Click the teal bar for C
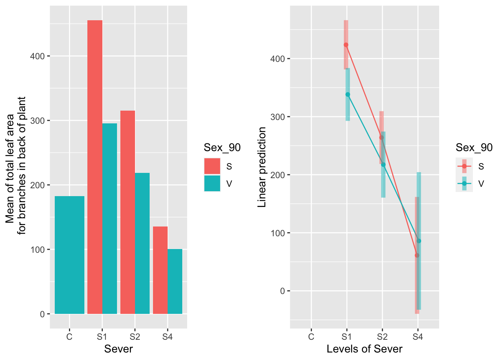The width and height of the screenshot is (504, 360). click(x=69, y=255)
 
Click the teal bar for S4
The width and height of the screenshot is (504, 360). click(x=175, y=281)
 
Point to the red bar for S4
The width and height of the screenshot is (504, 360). click(x=160, y=270)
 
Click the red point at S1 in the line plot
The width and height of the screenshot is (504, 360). click(x=346, y=45)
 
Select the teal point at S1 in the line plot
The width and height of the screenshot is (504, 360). click(x=348, y=94)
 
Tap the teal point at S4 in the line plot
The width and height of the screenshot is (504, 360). click(x=419, y=241)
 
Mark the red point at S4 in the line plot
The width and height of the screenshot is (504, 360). click(x=417, y=255)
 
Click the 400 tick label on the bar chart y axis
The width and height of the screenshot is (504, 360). click(x=37, y=56)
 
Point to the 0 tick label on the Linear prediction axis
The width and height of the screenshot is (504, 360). click(x=282, y=291)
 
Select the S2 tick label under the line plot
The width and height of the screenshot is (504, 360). click(x=382, y=337)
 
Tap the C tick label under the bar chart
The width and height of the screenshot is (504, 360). click(x=69, y=337)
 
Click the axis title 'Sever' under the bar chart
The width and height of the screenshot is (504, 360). click(x=118, y=349)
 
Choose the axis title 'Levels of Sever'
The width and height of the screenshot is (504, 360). click(x=364, y=349)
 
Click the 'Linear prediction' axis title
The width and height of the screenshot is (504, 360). click(x=262, y=167)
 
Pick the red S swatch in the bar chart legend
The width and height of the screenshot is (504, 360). click(x=212, y=166)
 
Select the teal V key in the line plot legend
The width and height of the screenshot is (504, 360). click(x=464, y=184)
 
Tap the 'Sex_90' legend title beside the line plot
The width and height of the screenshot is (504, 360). click(x=474, y=148)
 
